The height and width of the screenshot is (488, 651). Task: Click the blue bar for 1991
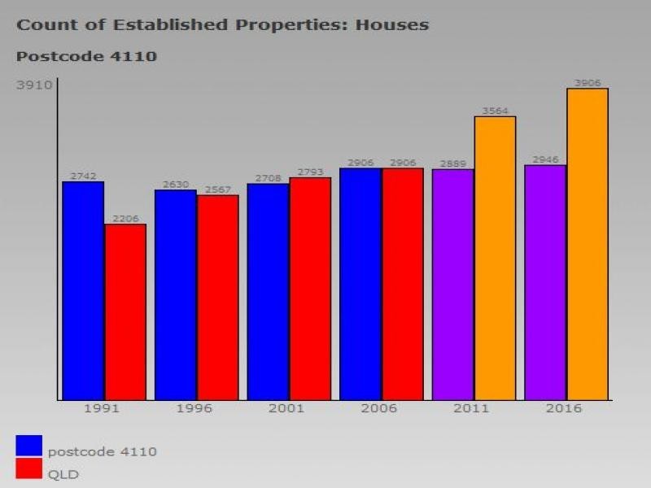[83, 290]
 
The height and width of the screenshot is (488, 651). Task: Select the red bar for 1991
[125, 312]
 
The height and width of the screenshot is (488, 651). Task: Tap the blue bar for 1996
[176, 294]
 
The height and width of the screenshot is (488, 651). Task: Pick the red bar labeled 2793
[310, 288]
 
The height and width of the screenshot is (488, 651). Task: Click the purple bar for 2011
[453, 284]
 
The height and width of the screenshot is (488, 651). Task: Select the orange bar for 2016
[588, 244]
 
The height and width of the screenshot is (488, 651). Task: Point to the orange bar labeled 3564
[495, 258]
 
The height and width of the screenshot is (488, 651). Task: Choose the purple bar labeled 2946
[545, 282]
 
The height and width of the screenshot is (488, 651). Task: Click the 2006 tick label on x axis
[378, 408]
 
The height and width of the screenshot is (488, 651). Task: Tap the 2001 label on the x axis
[286, 408]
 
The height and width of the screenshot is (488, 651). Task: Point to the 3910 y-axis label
[35, 85]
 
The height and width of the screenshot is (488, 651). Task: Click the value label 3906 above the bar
[588, 83]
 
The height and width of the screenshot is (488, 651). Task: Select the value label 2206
[125, 219]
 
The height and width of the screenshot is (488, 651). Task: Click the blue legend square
[28, 446]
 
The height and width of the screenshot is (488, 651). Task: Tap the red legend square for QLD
[28, 468]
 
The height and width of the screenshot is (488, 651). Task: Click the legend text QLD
[63, 474]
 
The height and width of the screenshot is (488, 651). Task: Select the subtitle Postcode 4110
[86, 57]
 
